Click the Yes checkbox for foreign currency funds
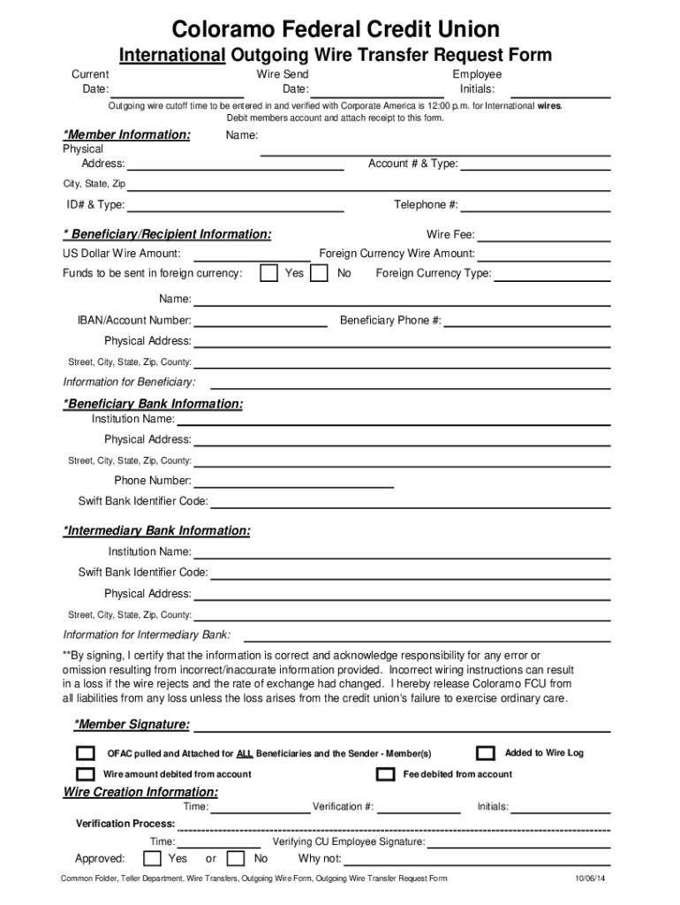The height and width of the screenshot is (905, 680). coord(269,273)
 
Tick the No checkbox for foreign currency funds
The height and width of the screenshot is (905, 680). coord(321,273)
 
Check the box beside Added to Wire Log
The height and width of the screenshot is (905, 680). coord(485,753)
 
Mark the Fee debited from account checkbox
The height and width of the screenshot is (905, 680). coord(385,774)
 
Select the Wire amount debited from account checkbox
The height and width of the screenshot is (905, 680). coord(85,774)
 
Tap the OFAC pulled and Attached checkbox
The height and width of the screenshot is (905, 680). coord(85,753)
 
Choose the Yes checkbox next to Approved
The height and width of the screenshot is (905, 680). coord(152,858)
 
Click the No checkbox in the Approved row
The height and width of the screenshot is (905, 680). coord(236,858)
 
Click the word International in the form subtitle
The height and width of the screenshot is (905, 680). coord(173,56)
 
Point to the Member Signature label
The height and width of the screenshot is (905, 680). coord(132,725)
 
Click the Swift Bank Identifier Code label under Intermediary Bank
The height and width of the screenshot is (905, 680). coord(143,572)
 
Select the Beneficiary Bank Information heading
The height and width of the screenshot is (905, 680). coord(153,404)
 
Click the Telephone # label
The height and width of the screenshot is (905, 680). coord(426,205)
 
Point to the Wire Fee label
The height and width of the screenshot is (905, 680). coord(450,235)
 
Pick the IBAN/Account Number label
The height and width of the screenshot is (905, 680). coord(134,320)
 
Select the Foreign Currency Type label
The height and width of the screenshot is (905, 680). coord(434,273)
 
